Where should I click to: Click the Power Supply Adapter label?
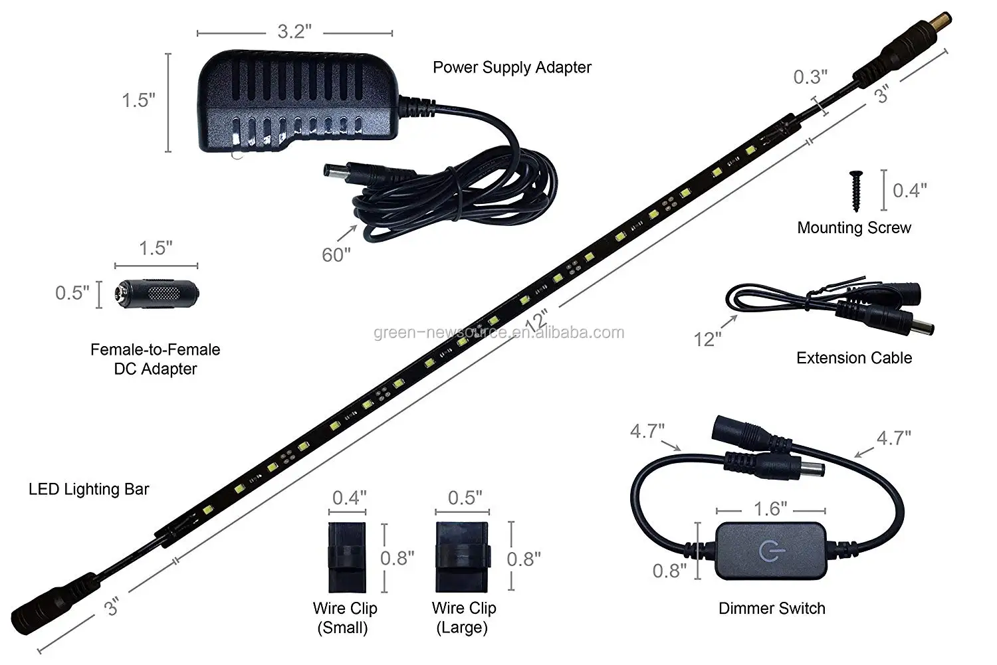[x=512, y=67]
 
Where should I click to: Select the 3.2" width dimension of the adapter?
[x=294, y=32]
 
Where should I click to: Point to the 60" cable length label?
[x=336, y=254]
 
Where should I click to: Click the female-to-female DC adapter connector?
[x=157, y=293]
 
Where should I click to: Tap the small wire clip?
[x=348, y=557]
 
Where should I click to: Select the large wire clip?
[x=463, y=557]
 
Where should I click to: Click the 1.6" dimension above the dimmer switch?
[x=770, y=510]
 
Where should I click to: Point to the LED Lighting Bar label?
[x=89, y=490]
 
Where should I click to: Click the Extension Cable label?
[x=854, y=358]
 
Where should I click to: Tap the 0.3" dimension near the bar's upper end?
[x=810, y=77]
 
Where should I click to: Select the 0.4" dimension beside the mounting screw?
[x=909, y=191]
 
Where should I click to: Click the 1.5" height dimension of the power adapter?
[x=138, y=100]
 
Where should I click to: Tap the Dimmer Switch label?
[x=772, y=609]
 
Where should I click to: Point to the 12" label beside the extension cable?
[x=707, y=339]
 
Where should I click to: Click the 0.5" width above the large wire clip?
[x=465, y=498]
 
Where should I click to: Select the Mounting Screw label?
[x=854, y=228]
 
